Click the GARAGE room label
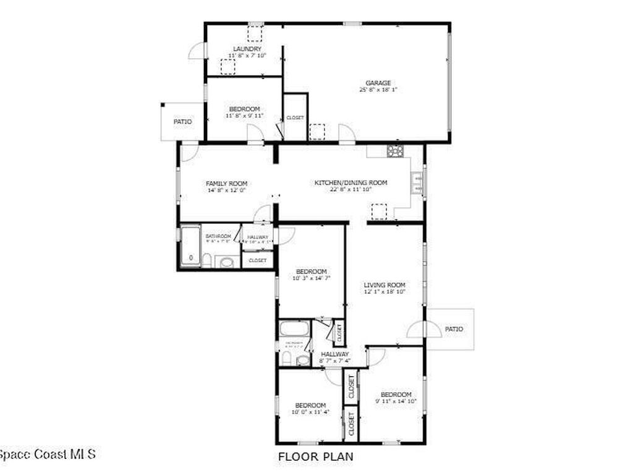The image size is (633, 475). pos(378,83)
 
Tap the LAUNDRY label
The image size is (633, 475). pos(247,49)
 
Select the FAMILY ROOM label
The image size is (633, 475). pos(227,184)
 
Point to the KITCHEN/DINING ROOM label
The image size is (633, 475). pos(350,182)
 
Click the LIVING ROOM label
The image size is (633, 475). pos(384,285)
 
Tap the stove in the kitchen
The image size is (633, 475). pos(396,150)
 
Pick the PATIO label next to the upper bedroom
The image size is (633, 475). pos(182,122)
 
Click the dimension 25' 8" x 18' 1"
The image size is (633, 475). pos(378,90)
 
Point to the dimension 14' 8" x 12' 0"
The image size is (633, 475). pos(227,190)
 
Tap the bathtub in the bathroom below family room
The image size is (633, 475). pos(190,246)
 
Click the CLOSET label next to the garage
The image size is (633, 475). pos(295,118)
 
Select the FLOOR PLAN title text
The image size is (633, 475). pos(315,457)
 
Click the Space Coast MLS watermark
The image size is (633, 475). pos(47,455)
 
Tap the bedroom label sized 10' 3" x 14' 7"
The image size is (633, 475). pos(311,272)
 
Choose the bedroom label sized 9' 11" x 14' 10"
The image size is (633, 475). pos(396,395)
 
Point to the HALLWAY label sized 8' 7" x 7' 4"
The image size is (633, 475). pos(335,354)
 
